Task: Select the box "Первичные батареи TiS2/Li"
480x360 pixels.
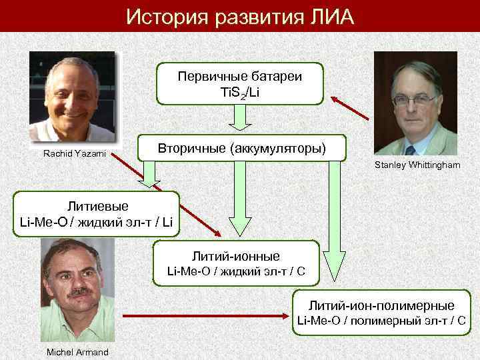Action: coord(239,83)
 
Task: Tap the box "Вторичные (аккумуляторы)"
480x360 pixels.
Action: coord(241,147)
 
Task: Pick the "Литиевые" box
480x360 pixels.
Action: coord(96,213)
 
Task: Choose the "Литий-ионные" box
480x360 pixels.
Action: coord(236,262)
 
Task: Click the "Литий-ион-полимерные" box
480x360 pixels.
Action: coord(381,312)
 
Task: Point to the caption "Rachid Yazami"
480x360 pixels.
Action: coord(70,154)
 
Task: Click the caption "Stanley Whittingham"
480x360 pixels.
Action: coord(417,165)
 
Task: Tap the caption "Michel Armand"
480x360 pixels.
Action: coord(77,352)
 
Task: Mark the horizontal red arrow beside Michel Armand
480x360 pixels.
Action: coord(200,313)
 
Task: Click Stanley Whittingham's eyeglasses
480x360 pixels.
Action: coord(413,99)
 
